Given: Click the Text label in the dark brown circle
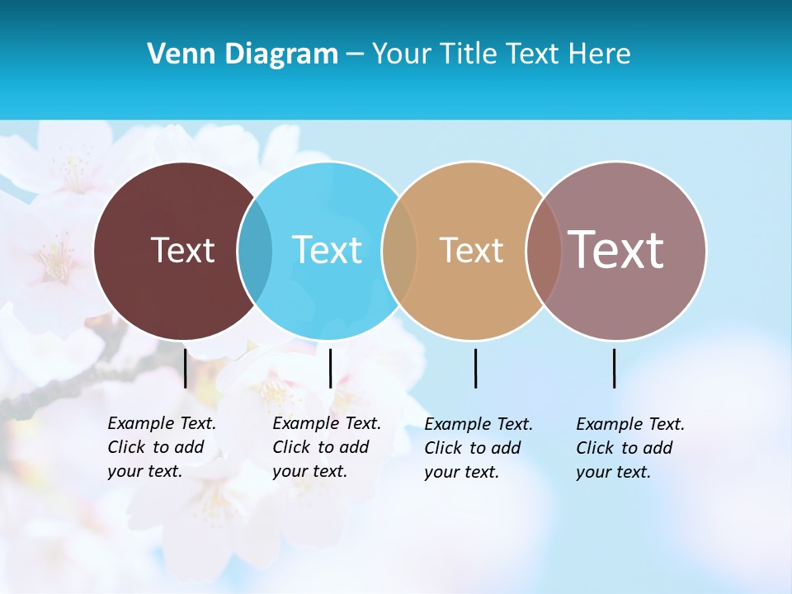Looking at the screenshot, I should coord(183,250).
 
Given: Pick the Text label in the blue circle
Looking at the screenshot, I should coord(327,250).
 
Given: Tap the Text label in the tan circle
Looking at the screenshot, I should coord(471,250).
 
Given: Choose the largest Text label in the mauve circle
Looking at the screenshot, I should coord(615,250).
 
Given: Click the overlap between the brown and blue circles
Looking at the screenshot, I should coord(255,251).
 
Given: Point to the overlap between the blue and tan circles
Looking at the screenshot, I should coord(399,251).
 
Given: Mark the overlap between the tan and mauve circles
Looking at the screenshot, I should coord(544,251).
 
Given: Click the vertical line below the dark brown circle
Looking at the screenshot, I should coord(186,368).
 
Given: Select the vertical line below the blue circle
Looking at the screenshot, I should coord(330,368).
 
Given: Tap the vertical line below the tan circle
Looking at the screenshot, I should coord(475,368).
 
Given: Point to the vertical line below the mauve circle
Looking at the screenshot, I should coord(614,368).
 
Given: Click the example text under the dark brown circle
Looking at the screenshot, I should coord(162,447).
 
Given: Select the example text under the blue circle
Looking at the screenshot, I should coord(327,447).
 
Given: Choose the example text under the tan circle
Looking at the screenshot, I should coord(478,448).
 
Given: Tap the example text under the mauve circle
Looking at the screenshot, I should coord(630,448).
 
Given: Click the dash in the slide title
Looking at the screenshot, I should coord(355,55).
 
